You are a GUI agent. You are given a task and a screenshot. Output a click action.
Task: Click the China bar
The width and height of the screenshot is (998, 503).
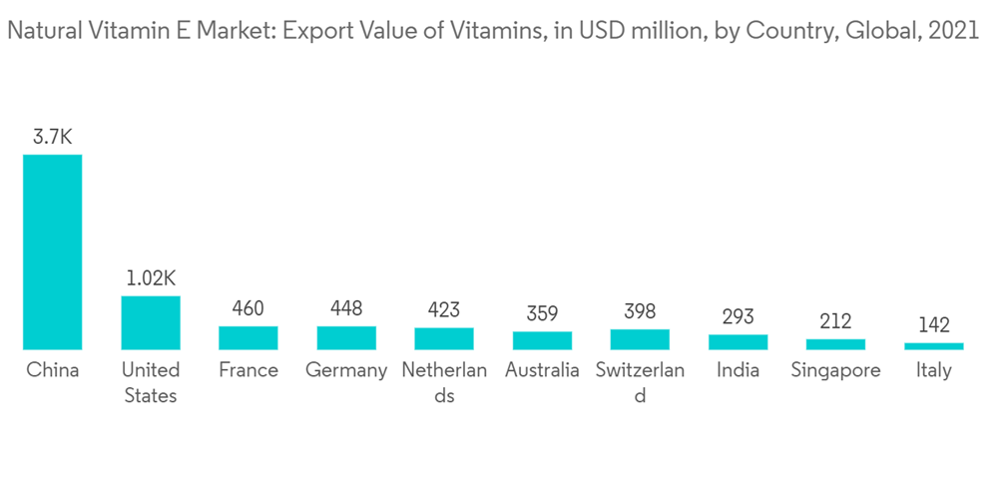(53, 251)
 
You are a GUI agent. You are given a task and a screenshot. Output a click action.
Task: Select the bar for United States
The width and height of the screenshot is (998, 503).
(151, 322)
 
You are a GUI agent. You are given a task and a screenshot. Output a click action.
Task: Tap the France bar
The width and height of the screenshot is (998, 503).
(249, 337)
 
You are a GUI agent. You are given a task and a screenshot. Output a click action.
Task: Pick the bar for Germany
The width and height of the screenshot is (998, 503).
(346, 337)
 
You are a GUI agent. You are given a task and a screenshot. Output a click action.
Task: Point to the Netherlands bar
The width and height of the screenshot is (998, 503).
(444, 338)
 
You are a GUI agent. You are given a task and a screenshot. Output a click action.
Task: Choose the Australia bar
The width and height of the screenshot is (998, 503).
(542, 340)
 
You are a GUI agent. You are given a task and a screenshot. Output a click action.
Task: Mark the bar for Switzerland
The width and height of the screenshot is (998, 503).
(640, 339)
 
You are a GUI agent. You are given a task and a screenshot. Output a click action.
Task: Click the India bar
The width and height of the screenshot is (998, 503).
(738, 341)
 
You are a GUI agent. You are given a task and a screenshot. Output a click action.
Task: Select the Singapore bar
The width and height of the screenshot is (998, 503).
(835, 344)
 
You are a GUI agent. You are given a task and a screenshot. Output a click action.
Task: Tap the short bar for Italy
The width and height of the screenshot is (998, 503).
(933, 346)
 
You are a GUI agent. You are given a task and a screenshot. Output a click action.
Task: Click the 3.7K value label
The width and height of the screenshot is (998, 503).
(53, 137)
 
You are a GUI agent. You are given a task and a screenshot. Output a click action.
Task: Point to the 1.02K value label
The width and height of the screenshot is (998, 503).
(151, 278)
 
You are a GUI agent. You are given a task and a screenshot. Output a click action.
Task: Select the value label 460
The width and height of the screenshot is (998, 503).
(249, 308)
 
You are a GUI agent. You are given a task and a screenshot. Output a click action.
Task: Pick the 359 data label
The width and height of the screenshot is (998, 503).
(542, 314)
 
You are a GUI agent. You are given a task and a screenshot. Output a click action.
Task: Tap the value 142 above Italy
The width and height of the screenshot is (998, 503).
(933, 325)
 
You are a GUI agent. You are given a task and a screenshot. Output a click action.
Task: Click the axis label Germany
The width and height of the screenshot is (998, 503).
(346, 370)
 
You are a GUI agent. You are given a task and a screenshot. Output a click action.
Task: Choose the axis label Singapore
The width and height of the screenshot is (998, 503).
(835, 370)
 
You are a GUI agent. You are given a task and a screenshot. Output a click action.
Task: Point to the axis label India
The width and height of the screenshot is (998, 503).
(738, 370)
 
